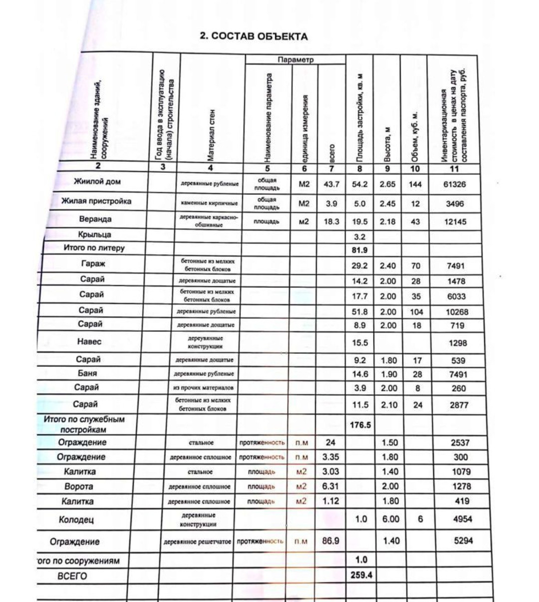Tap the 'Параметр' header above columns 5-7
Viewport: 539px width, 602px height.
click(295, 60)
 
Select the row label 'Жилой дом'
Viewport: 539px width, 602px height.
click(97, 182)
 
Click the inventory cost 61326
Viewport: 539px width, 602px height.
click(454, 184)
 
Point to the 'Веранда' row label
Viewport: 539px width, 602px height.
click(95, 219)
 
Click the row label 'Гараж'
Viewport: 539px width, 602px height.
click(93, 264)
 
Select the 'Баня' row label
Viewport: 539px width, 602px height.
click(87, 373)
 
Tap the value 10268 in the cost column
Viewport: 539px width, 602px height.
click(457, 312)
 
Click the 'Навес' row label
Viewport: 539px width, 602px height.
click(89, 342)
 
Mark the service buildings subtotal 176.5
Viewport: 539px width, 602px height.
click(360, 425)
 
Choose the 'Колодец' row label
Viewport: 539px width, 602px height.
click(76, 520)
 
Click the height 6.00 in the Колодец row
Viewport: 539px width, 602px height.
click(391, 519)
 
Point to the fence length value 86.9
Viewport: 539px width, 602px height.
click(330, 541)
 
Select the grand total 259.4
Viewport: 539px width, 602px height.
click(361, 575)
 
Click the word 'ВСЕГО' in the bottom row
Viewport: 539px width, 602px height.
click(72, 576)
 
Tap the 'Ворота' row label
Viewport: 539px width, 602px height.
click(78, 486)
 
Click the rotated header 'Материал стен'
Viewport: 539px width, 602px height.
click(211, 135)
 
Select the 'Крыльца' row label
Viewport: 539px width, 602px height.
click(94, 235)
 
